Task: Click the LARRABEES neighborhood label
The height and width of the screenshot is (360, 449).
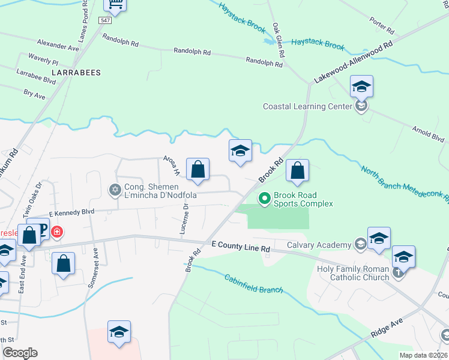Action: pos(76,73)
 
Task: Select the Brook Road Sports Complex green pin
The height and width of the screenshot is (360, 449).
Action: pos(264,197)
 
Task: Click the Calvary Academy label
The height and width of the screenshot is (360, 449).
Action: pos(319,245)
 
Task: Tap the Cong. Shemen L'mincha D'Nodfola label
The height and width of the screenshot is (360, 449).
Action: pos(160,191)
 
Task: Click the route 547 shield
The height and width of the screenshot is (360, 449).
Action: pos(106,20)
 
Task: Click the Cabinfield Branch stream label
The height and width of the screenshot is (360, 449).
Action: pos(254,283)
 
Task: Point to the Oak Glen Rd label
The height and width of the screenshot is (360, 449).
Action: pos(277,38)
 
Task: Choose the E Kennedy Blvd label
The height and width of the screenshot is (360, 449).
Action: pos(72,212)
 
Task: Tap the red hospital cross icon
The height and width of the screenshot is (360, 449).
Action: pos(56,231)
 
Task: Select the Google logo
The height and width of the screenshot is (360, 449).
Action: pos(20,353)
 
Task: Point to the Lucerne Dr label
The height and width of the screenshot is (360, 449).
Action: pos(184,218)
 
